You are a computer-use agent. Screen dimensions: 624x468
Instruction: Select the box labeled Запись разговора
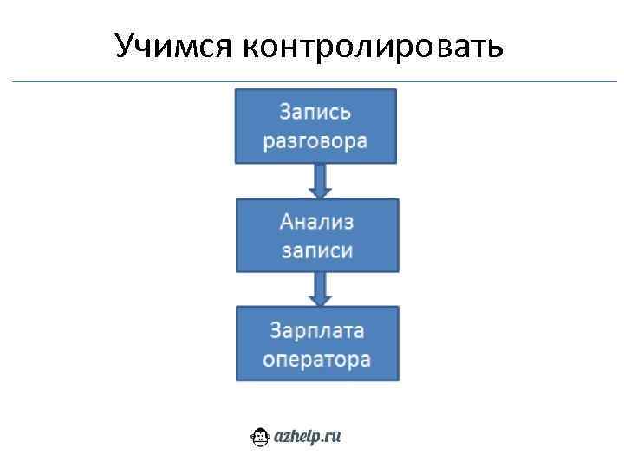(x=315, y=126)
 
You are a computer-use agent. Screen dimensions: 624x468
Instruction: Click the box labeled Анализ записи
(x=317, y=236)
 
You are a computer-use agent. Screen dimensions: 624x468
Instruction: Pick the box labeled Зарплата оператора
(x=317, y=343)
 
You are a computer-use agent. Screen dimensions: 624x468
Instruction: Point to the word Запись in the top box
(x=315, y=112)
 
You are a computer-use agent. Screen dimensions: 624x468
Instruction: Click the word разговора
(x=315, y=140)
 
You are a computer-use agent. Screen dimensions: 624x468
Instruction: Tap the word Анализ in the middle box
(x=317, y=222)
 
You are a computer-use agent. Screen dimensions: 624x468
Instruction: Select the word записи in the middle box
(x=317, y=250)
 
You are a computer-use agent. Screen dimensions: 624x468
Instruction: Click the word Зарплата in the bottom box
(x=317, y=329)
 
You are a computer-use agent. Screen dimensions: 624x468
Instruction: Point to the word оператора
(x=317, y=358)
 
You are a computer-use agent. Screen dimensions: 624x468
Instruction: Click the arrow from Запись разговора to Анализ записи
(x=319, y=181)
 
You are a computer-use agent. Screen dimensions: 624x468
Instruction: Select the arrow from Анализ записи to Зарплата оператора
(x=320, y=289)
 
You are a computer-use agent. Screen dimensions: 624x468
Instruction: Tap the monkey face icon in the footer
(x=260, y=438)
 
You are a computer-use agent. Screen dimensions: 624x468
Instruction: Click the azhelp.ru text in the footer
(x=308, y=438)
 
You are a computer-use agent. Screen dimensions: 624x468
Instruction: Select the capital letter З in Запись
(x=284, y=112)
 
